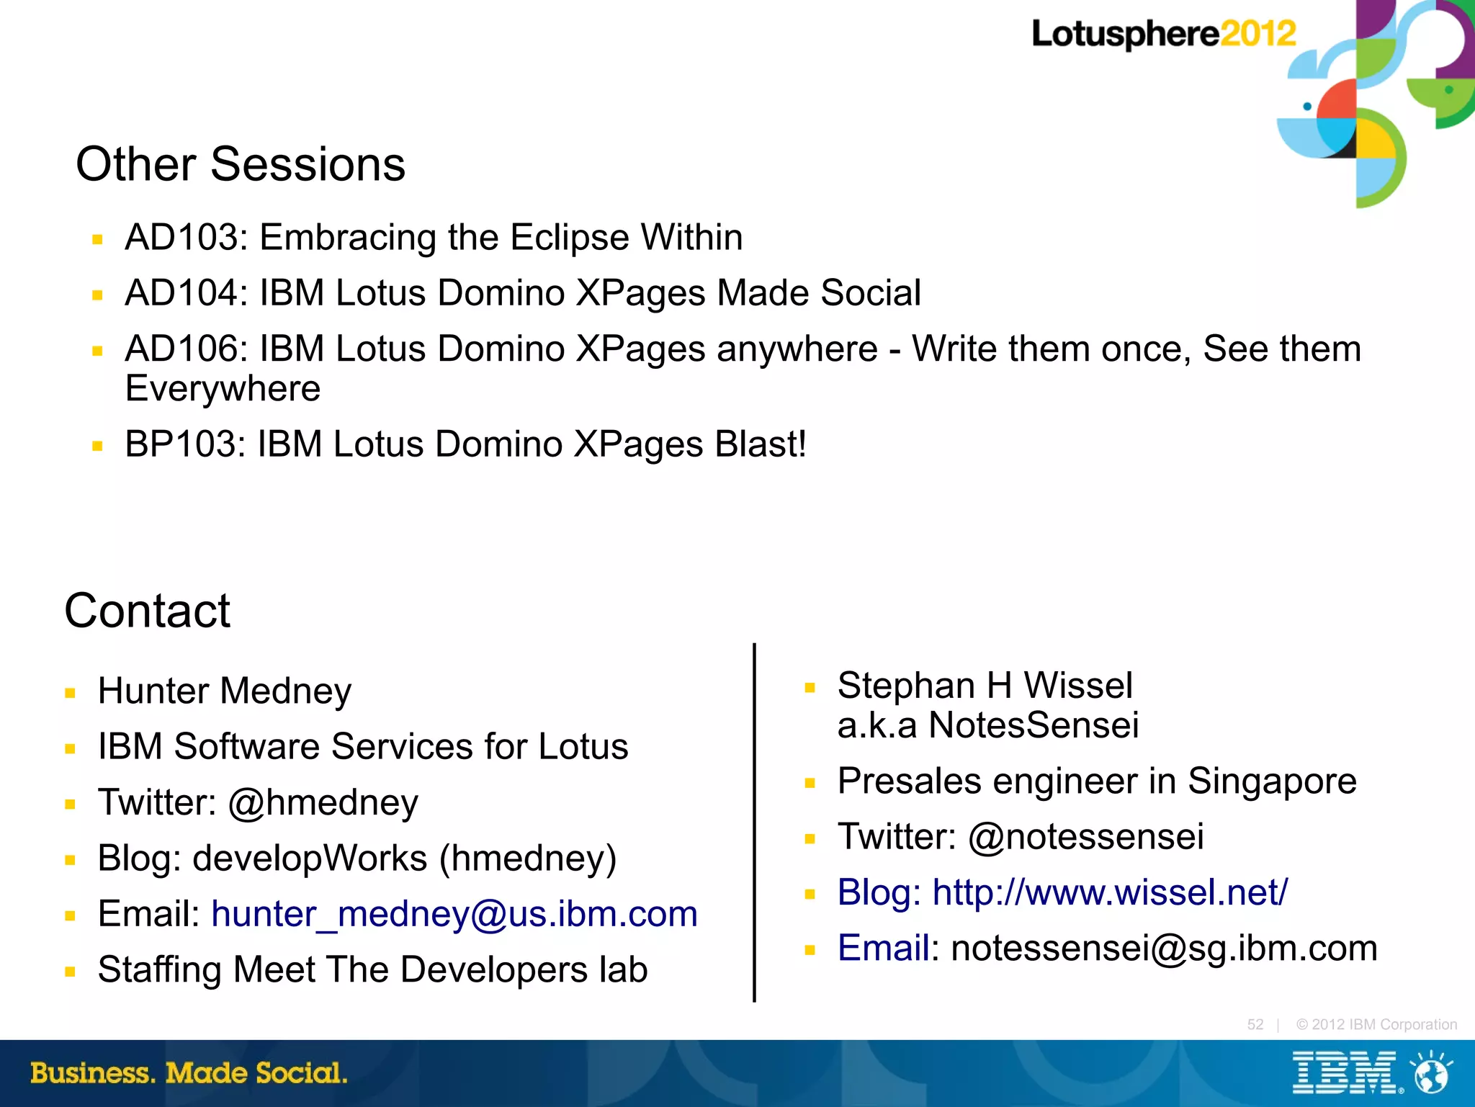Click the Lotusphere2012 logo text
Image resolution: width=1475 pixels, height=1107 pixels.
(x=1162, y=34)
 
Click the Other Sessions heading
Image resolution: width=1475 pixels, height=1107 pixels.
(x=241, y=164)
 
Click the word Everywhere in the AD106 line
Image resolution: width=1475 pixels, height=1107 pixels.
(x=223, y=389)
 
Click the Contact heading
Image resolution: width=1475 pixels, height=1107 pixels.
(x=148, y=611)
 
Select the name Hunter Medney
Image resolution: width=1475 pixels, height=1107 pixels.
(x=225, y=691)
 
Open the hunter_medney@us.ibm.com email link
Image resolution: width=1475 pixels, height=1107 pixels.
(x=454, y=914)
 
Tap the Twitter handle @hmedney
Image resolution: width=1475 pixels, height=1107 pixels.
(x=323, y=802)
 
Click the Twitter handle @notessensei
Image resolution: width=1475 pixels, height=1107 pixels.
(x=1085, y=836)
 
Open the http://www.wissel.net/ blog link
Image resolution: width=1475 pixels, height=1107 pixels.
(x=1110, y=892)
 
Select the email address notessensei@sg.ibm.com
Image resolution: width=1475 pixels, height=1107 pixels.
(x=1164, y=948)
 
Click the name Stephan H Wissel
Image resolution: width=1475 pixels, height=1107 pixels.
(x=985, y=685)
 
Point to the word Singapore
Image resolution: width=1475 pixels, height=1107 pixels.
(x=1272, y=781)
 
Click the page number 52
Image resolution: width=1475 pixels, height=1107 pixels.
(x=1255, y=1024)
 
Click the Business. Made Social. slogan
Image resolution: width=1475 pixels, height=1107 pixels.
(x=189, y=1073)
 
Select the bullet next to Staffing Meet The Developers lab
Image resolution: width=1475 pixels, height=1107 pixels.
(x=70, y=972)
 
